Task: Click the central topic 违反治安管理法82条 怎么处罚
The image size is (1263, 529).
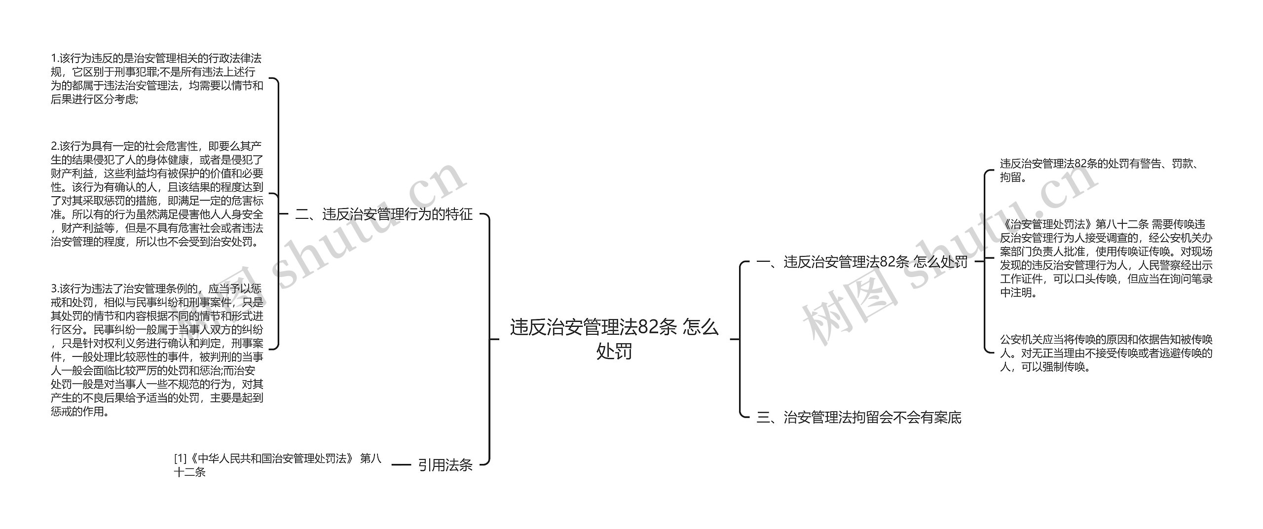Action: coord(614,339)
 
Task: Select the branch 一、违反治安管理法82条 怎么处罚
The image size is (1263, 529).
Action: coord(862,262)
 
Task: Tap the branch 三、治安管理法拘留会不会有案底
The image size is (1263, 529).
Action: coord(859,418)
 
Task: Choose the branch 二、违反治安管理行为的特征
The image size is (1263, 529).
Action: coord(384,214)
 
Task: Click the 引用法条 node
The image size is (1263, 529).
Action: coord(445,465)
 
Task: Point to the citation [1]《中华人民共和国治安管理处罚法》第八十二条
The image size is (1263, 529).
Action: coord(277,465)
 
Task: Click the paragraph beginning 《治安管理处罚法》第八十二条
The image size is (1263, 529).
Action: coord(1106,258)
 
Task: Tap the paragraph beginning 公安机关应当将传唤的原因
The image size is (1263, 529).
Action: coord(1106,353)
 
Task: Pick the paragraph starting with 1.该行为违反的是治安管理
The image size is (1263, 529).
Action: coord(157,79)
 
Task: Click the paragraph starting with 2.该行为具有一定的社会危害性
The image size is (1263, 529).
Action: coord(157,194)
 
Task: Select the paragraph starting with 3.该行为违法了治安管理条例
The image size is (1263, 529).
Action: coord(157,350)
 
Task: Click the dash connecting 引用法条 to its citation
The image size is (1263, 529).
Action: coord(401,464)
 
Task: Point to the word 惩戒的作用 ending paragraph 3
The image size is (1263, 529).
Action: coord(79,412)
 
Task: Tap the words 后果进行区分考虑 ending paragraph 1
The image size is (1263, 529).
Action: coord(94,99)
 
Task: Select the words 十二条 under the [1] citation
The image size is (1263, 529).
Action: coord(189,472)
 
